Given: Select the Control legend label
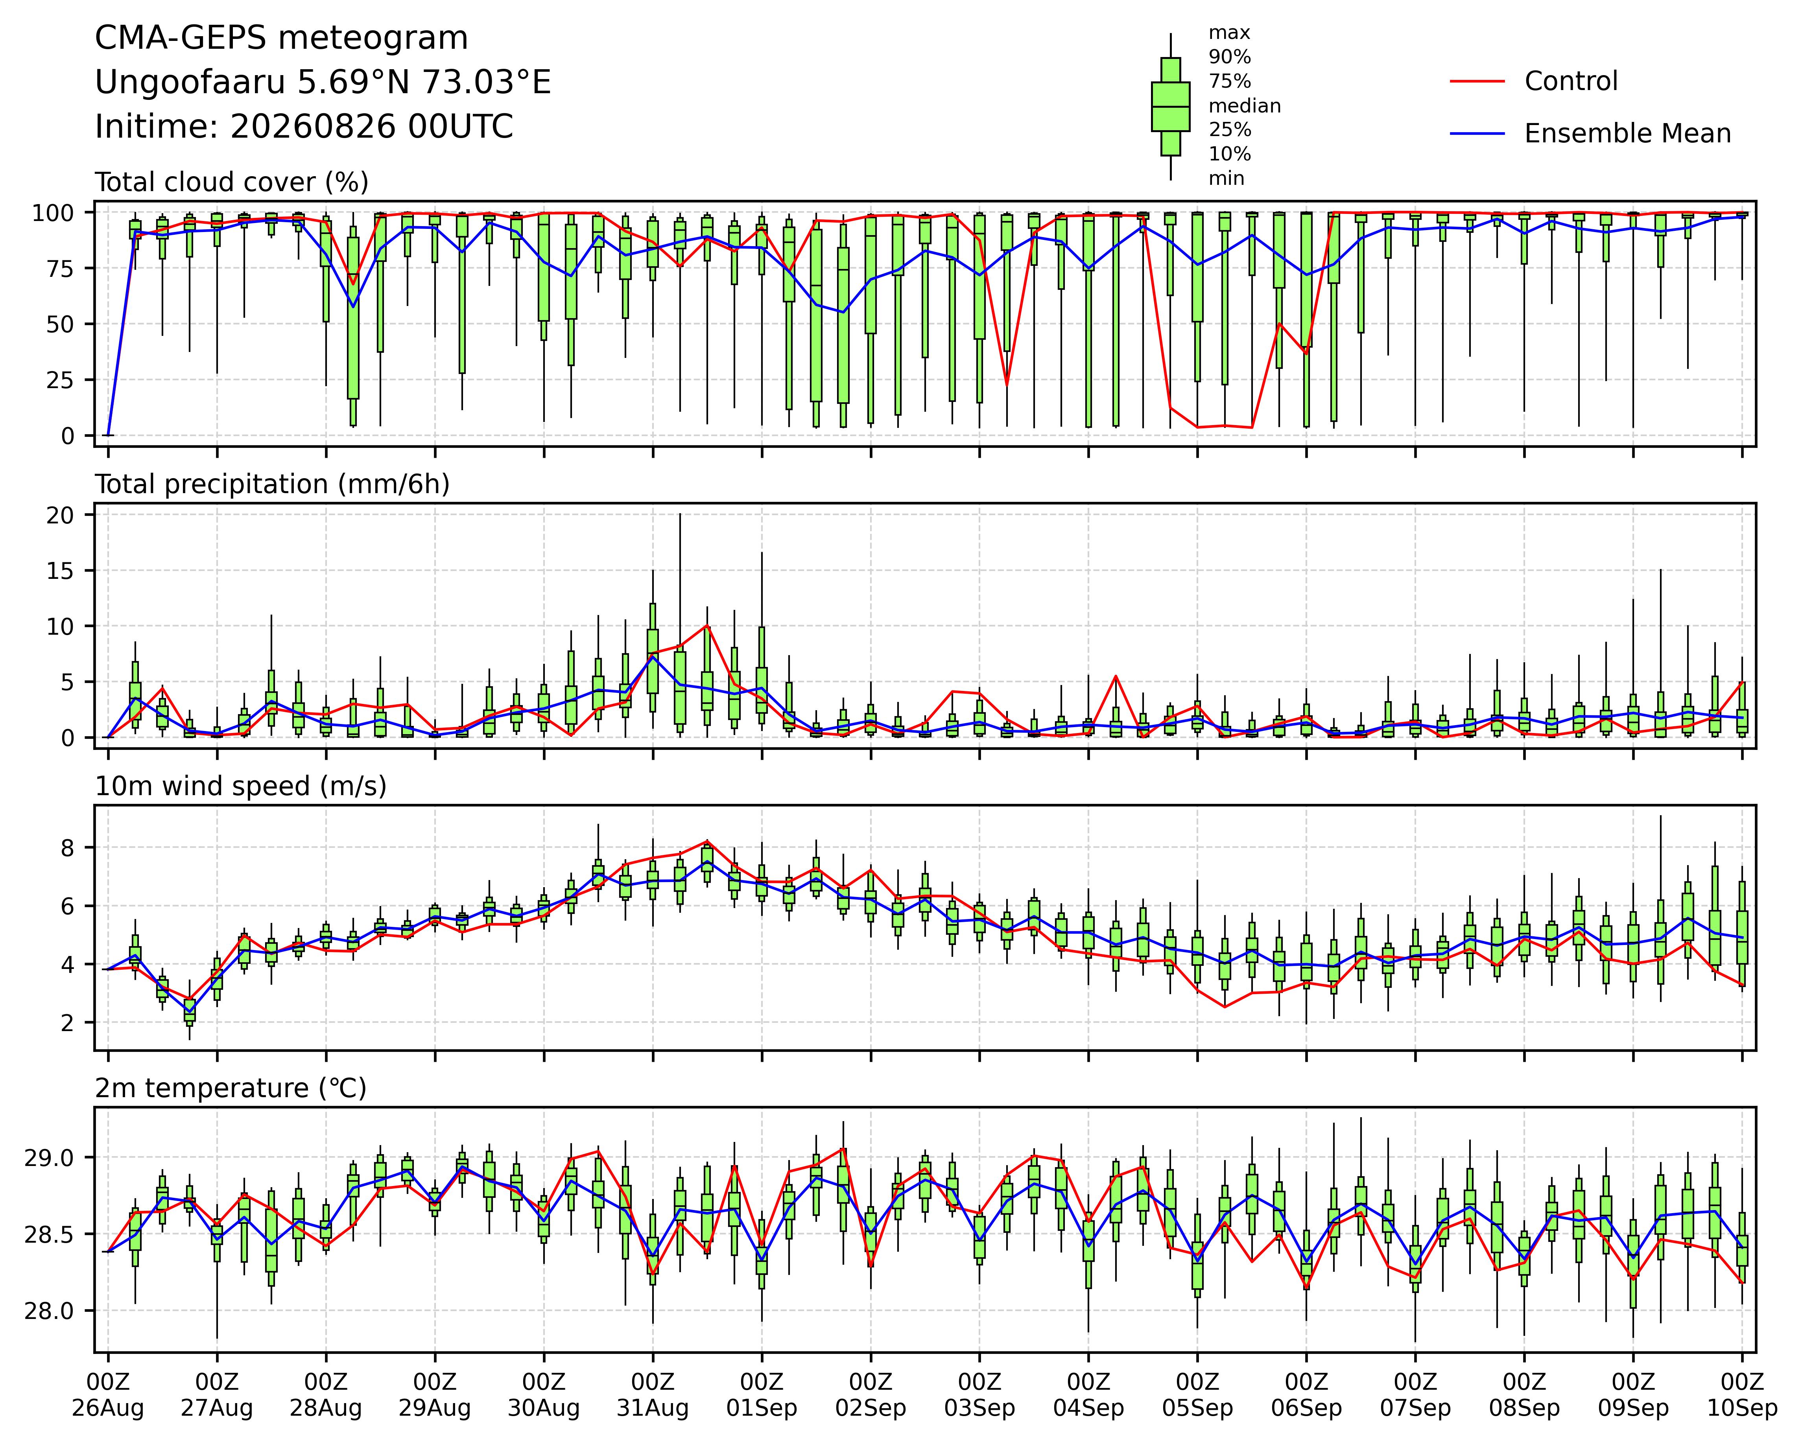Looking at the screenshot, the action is [1570, 81].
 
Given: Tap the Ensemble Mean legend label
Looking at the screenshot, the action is [1627, 134].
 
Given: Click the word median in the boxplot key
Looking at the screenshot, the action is [1245, 106].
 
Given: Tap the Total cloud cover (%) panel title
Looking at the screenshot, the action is [232, 182].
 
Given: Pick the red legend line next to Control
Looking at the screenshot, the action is [1478, 81].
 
